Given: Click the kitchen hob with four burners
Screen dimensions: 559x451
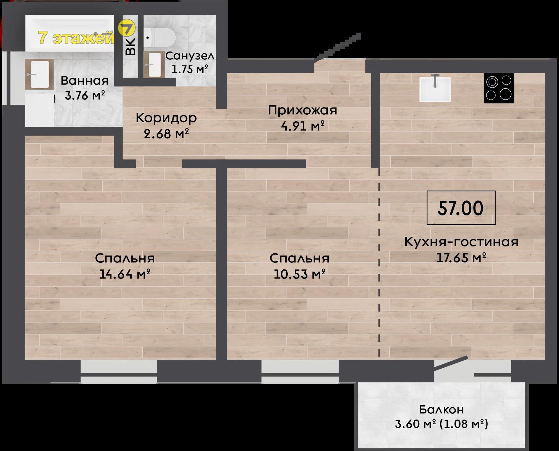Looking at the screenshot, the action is click(x=499, y=88).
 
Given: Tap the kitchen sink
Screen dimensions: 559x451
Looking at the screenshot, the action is click(x=435, y=89).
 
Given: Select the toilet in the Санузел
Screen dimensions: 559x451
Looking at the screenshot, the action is click(x=160, y=38).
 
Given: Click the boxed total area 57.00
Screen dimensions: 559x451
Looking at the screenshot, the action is click(x=461, y=208).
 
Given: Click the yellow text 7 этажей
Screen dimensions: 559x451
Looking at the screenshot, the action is click(x=76, y=38).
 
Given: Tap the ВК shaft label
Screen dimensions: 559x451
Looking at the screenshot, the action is click(x=131, y=47).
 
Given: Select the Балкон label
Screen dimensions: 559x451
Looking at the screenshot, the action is click(x=441, y=409).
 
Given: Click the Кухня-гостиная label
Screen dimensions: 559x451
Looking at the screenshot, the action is click(x=461, y=242).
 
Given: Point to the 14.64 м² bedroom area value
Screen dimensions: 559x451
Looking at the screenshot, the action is click(x=125, y=274).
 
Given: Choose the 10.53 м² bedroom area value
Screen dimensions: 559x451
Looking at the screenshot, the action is click(x=299, y=274).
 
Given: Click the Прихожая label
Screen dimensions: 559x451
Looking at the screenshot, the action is click(x=303, y=111).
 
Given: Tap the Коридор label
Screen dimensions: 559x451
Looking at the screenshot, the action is click(x=166, y=118).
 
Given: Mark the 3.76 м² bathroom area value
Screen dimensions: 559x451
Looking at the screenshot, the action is click(x=85, y=95).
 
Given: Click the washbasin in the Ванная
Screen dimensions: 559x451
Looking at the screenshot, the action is click(x=39, y=74).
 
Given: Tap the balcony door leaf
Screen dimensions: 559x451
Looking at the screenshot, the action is click(x=451, y=363).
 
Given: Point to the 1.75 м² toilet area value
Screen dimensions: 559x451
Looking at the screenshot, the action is click(x=190, y=69).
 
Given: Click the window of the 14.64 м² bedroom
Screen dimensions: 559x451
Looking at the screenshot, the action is click(x=119, y=372).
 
